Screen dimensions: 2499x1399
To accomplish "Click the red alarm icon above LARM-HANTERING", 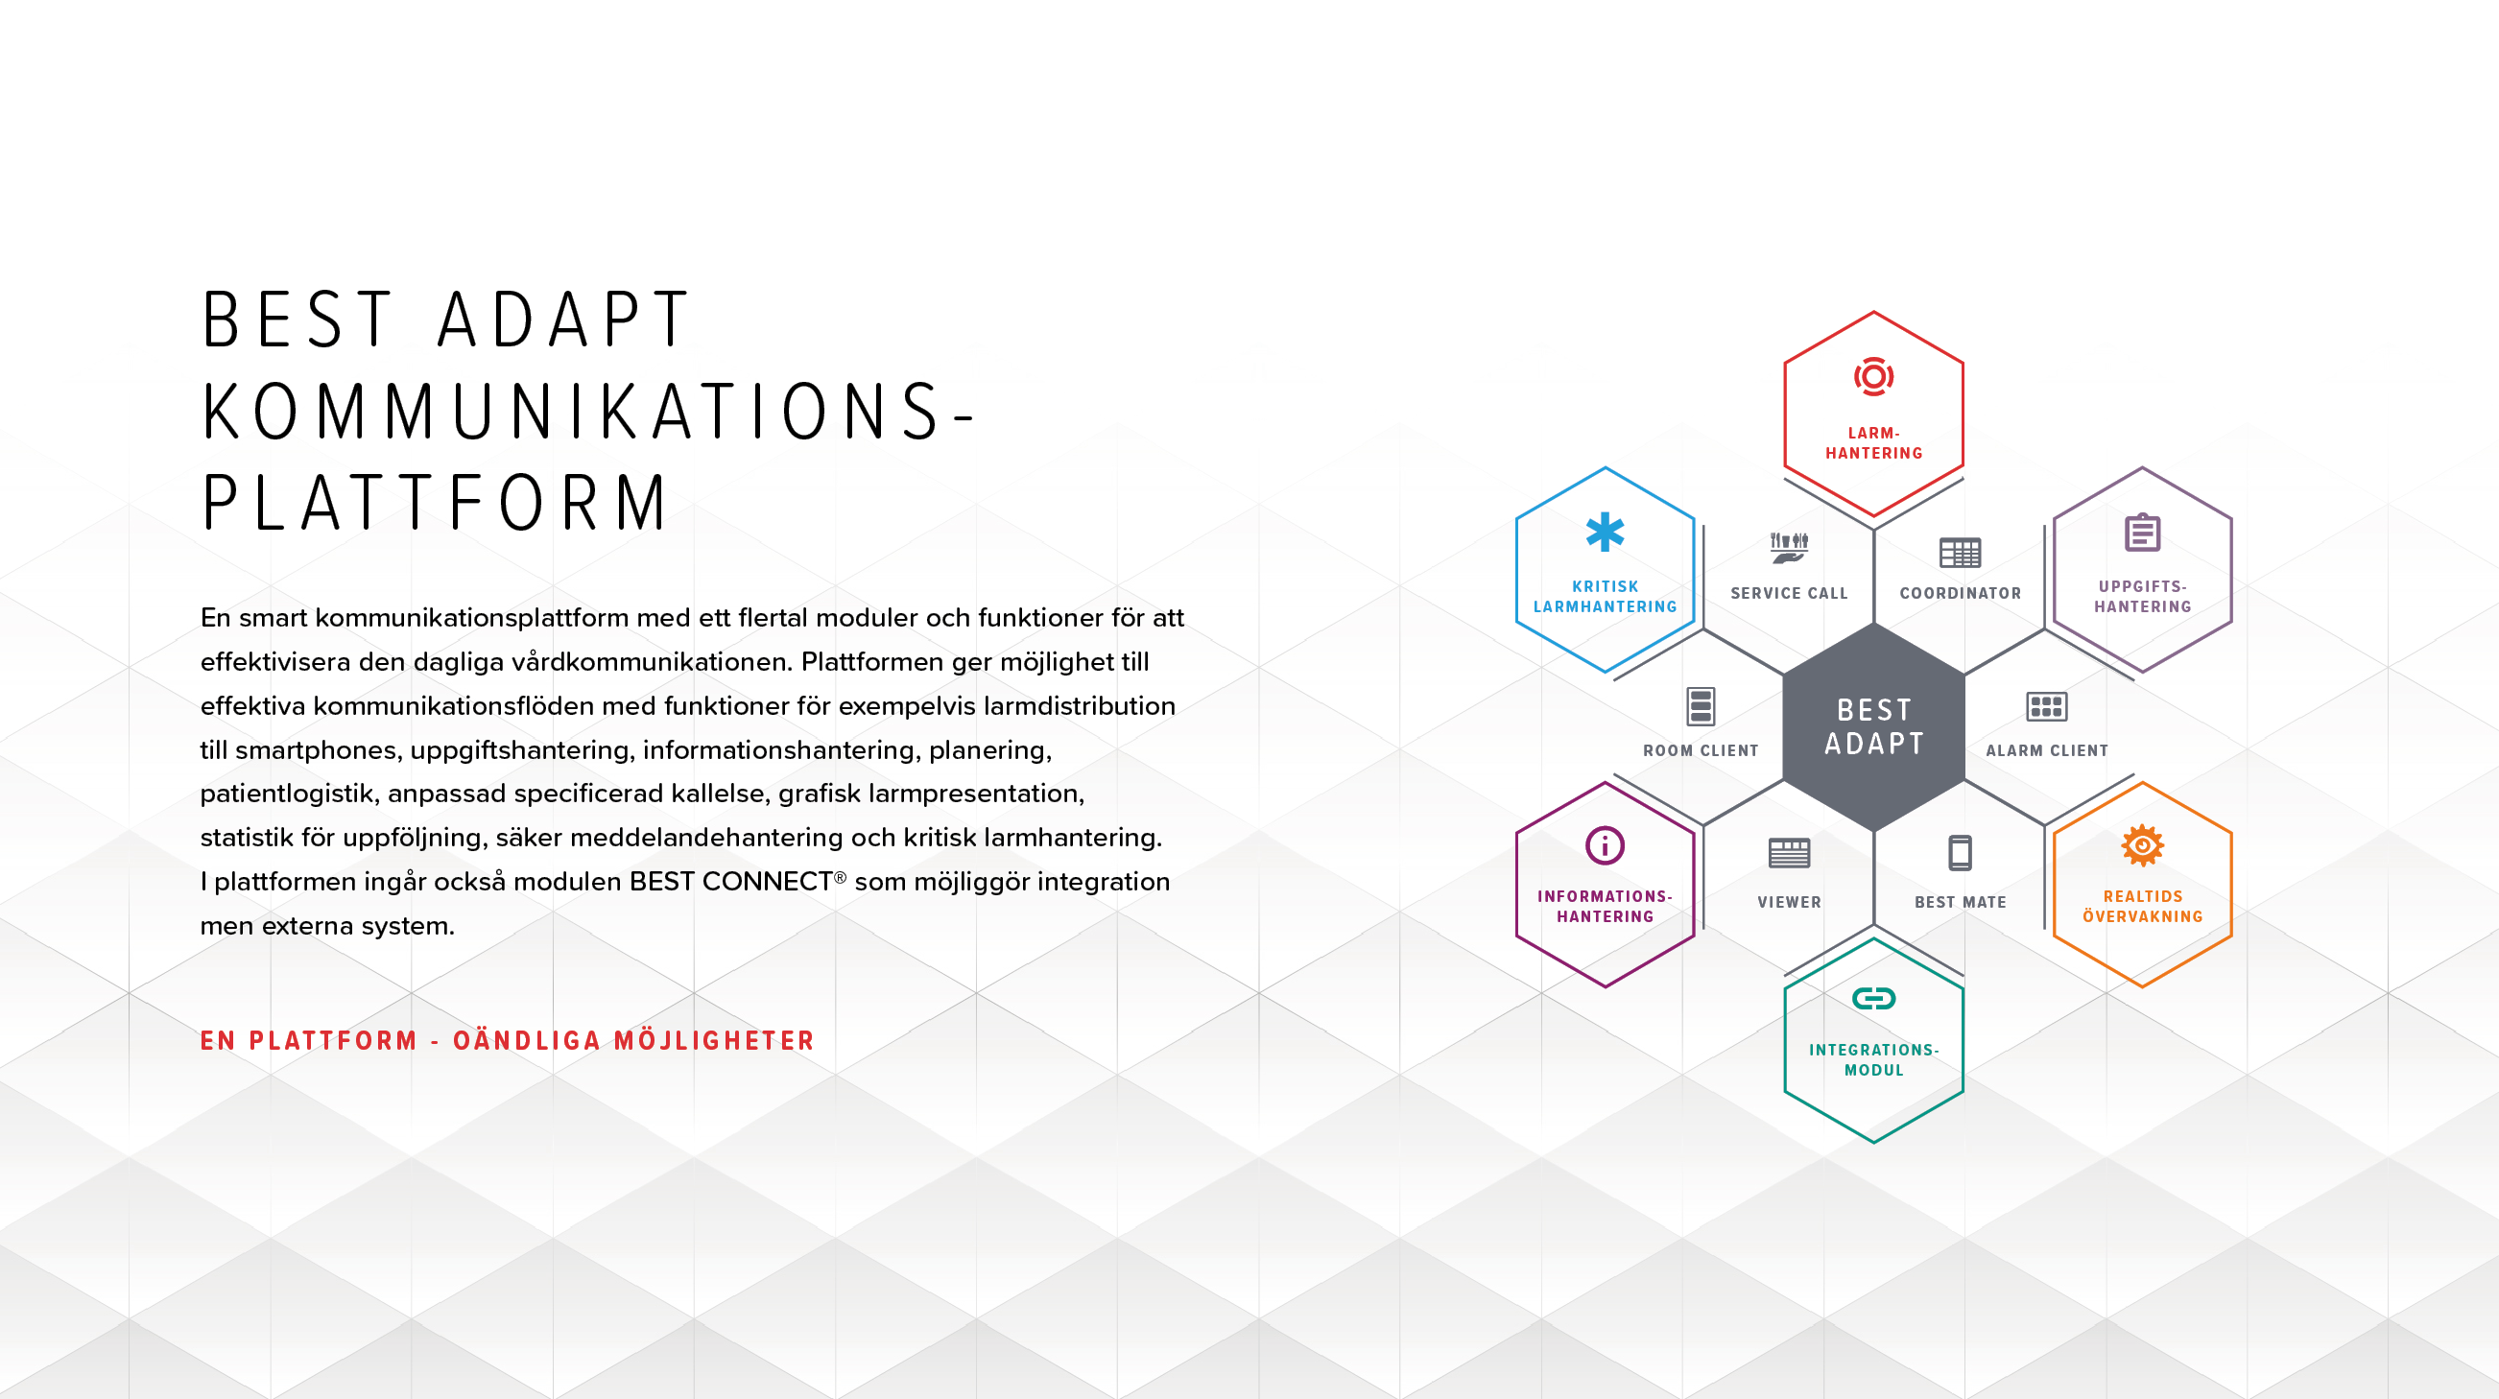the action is [x=1873, y=376].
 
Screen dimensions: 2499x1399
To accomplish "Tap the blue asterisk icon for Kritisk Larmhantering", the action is [x=1605, y=532].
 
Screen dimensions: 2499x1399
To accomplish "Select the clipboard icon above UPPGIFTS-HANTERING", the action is [x=2142, y=532].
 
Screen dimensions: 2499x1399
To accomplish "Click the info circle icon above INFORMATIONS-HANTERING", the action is [x=1605, y=845].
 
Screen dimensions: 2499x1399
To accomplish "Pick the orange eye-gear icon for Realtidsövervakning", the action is [x=2142, y=845].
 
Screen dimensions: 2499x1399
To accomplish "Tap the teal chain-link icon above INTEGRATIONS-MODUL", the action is [x=1873, y=998].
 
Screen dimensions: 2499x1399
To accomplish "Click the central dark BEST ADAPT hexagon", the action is [x=1873, y=726].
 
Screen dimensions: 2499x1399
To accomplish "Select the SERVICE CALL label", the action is [x=1789, y=593].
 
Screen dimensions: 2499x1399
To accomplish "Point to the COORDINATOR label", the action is [x=1960, y=593].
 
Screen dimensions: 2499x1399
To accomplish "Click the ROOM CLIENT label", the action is [x=1701, y=750].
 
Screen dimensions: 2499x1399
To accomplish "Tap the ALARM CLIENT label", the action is [x=2046, y=750].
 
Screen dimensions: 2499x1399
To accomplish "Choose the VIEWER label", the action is [x=1789, y=901].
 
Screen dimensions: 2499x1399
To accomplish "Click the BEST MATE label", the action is [x=1960, y=901].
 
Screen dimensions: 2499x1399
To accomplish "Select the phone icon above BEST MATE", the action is [x=1960, y=853].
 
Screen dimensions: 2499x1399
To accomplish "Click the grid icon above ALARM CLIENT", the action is [x=2046, y=706].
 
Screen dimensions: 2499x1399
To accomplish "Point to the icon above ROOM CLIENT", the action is [x=1701, y=706].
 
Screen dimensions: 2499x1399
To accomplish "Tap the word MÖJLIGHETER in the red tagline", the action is [x=714, y=1040].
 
